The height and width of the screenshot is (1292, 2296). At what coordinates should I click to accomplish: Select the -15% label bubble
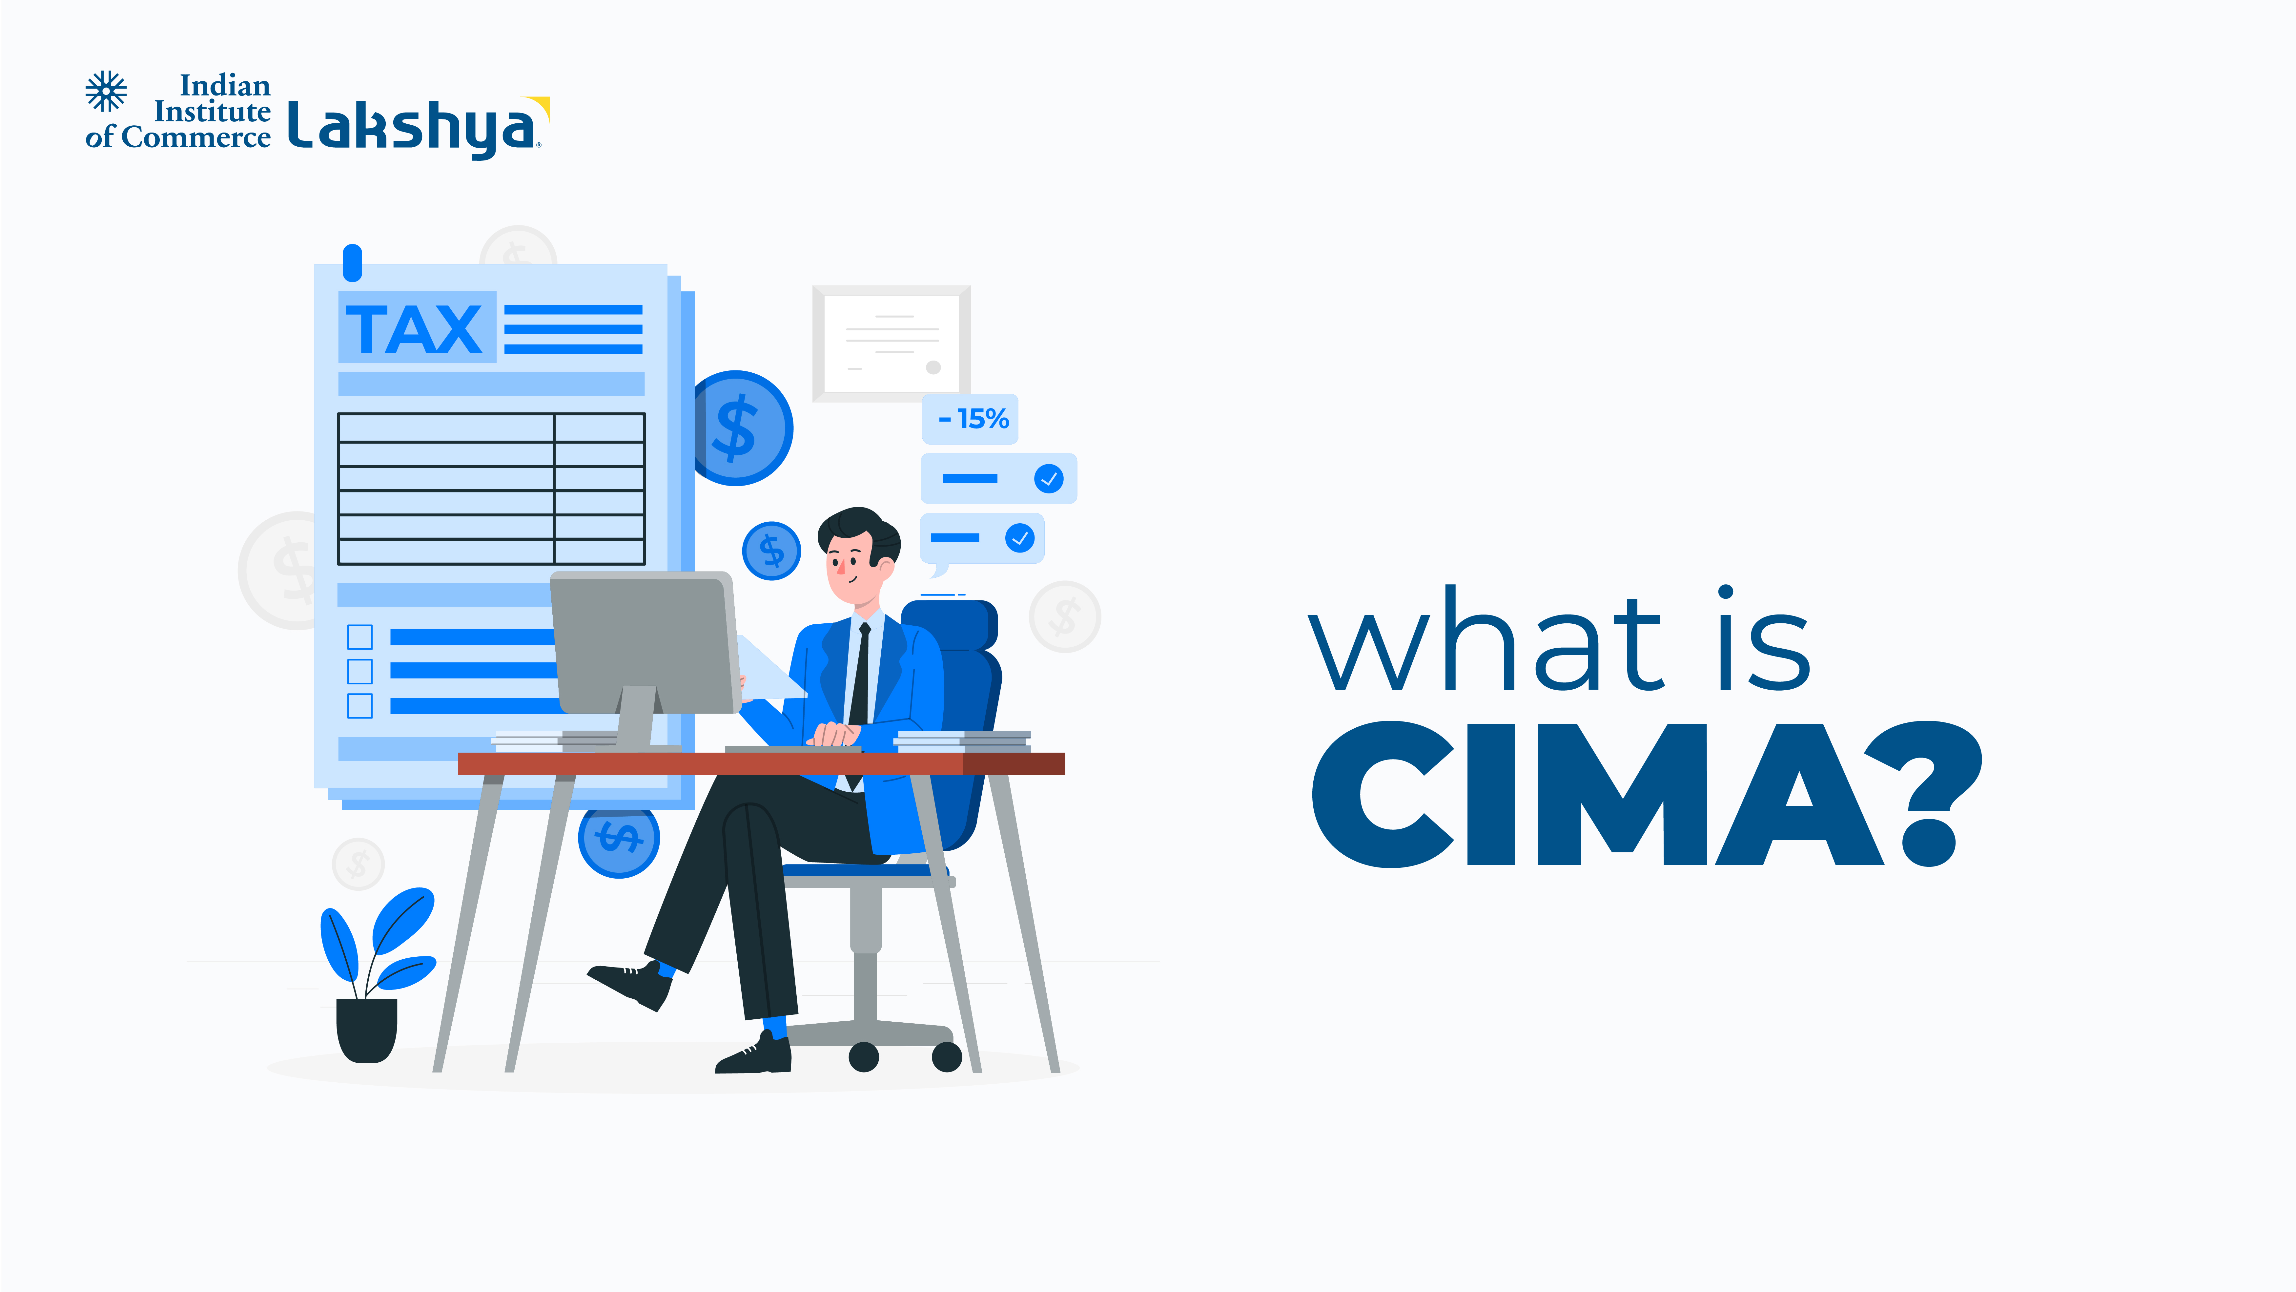(970, 418)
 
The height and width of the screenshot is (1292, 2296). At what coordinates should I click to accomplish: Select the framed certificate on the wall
(891, 343)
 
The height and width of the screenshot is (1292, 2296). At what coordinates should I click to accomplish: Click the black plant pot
(366, 1030)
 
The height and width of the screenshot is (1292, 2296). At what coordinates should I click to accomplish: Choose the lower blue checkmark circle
(1020, 538)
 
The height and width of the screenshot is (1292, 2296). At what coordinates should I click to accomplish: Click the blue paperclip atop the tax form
(353, 263)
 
